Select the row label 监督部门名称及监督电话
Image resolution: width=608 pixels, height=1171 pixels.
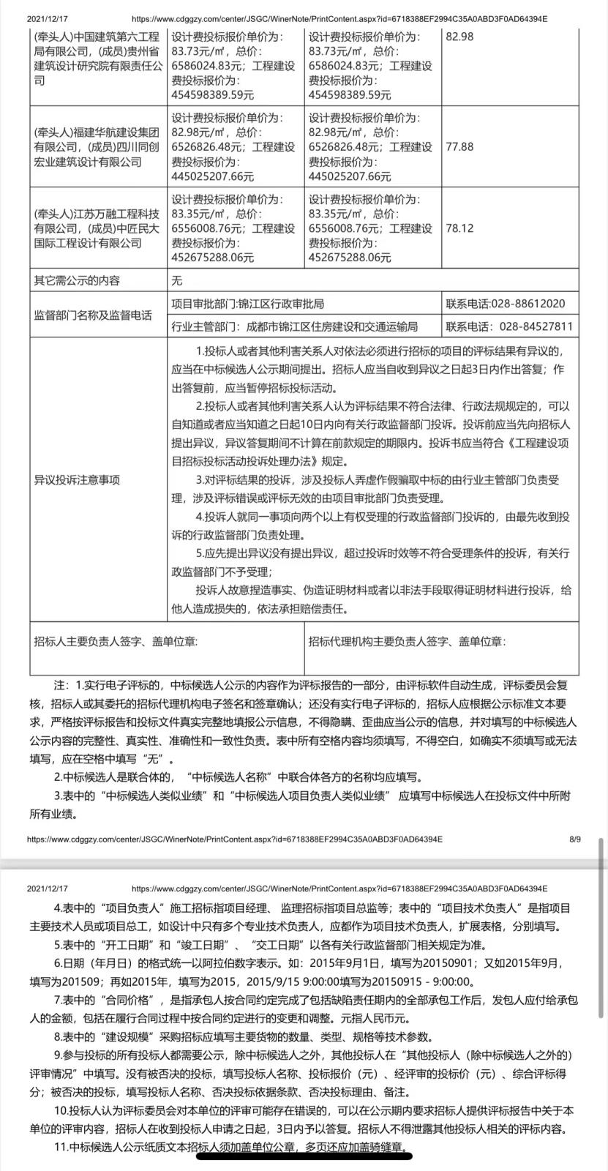point(93,315)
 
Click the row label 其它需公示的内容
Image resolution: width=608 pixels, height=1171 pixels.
point(77,280)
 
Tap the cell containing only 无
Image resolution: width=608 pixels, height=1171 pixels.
point(176,280)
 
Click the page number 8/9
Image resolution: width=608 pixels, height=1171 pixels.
point(574,839)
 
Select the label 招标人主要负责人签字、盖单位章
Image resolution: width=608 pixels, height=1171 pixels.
point(116,641)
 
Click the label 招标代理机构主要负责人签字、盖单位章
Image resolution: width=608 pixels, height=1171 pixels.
point(407,641)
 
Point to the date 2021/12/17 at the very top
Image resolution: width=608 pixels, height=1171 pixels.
point(45,19)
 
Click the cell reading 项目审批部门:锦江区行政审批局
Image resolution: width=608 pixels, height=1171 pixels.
point(247,304)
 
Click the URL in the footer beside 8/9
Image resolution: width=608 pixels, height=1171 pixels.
point(234,839)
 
